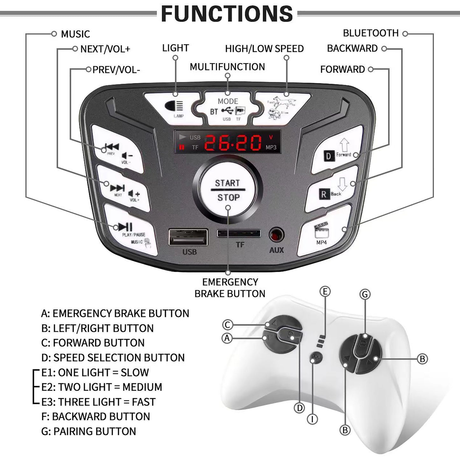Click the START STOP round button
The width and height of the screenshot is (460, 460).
[228, 190]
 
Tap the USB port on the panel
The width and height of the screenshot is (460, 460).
[188, 237]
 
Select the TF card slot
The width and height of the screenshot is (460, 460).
[239, 233]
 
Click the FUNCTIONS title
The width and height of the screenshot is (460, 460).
[227, 13]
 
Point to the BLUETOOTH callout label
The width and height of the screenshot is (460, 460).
[371, 33]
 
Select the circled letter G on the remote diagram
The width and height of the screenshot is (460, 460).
[365, 294]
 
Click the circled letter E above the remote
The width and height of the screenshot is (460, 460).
[325, 291]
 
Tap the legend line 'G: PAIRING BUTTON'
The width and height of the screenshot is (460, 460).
[88, 431]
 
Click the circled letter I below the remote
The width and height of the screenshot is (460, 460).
[312, 419]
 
